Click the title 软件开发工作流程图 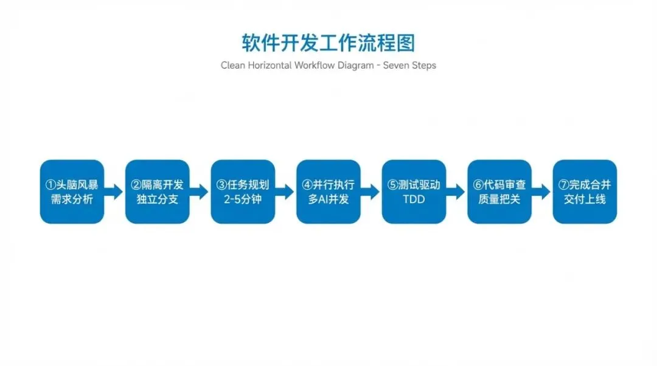(328, 44)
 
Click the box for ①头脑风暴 (72, 192)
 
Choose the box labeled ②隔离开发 (158, 192)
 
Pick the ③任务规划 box (243, 192)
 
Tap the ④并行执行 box (328, 192)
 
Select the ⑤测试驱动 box (414, 192)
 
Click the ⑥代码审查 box (499, 192)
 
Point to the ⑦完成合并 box (585, 192)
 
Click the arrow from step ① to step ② (114, 192)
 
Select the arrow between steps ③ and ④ (285, 192)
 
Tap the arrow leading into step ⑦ (542, 192)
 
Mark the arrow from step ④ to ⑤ (371, 192)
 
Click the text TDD (414, 199)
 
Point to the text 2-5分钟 (243, 199)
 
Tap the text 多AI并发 (328, 199)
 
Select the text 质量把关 (499, 199)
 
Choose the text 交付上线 (585, 199)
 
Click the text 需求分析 (72, 199)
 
